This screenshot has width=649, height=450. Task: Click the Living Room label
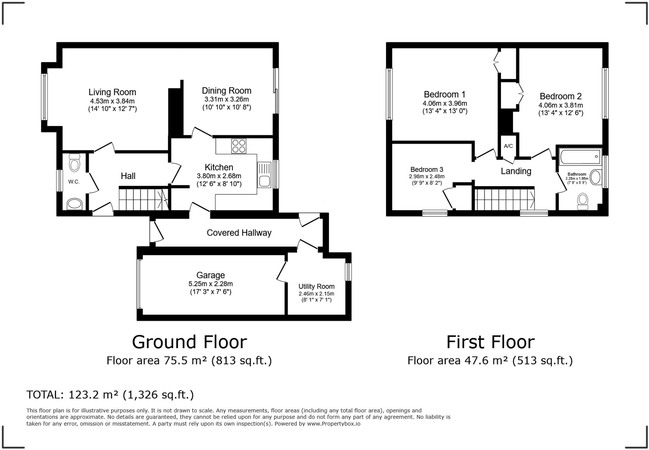point(112,92)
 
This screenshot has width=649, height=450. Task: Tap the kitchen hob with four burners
point(239,146)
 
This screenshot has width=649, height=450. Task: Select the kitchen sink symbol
point(265,175)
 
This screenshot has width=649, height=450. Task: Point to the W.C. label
point(74,182)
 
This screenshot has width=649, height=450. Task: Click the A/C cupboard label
point(508,146)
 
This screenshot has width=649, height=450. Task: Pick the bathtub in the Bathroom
point(581,157)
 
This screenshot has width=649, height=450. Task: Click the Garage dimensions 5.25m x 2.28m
point(210,284)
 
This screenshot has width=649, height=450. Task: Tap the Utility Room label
point(316,286)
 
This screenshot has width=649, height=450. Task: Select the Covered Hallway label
point(239,233)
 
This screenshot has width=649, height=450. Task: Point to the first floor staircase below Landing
point(504,199)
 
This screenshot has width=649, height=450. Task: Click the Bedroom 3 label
point(427,169)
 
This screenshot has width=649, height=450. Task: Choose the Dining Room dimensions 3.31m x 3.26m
point(226,99)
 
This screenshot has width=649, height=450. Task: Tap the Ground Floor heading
point(189,342)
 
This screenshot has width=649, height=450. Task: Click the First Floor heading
point(490,342)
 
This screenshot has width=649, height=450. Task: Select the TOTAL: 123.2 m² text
point(110,395)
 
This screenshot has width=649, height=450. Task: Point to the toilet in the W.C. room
point(74,163)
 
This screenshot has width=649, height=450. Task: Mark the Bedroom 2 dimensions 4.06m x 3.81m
point(561,105)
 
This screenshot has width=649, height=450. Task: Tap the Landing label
point(516,171)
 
